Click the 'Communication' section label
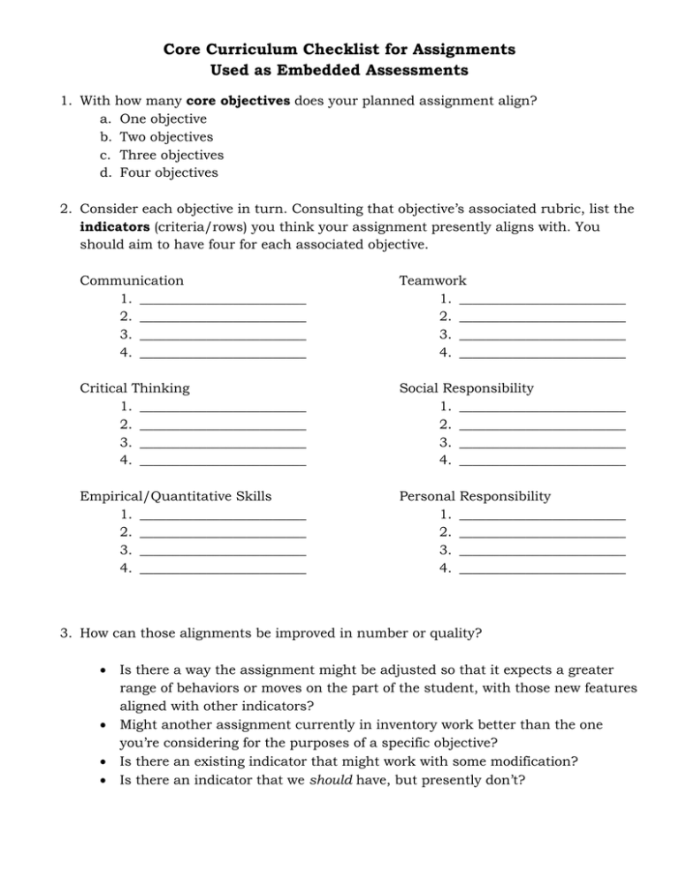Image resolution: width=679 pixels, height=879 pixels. click(x=132, y=280)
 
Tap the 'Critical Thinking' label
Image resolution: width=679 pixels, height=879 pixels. click(x=134, y=387)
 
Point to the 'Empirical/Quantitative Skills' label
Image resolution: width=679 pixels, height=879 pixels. click(x=175, y=495)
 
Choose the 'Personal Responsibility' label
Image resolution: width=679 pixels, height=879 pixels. click(x=475, y=495)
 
